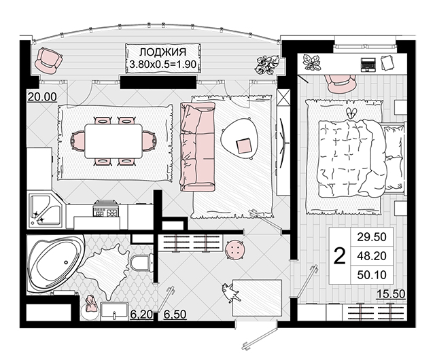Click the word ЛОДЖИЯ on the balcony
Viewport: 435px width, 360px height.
coord(162,52)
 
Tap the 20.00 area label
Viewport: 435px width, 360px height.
coord(42,97)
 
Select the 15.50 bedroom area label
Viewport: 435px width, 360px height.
coord(391,294)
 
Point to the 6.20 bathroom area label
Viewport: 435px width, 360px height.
coord(141,314)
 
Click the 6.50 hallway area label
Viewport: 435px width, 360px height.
coord(175,314)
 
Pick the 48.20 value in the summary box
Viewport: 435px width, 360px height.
coord(372,256)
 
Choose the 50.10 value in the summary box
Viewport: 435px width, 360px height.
coord(372,275)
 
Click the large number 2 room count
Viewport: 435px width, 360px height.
coord(340,256)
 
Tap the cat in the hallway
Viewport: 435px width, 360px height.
coord(231,293)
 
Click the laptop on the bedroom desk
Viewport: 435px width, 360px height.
coord(368,65)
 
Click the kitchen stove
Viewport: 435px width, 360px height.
coord(107,209)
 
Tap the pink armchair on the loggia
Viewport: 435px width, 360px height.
coord(48,60)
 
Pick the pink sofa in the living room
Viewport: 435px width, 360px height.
coord(198,147)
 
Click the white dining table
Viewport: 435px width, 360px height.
coord(114,141)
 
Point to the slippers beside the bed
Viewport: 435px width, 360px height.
coord(352,113)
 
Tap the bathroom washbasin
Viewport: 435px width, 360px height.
coord(114,312)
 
